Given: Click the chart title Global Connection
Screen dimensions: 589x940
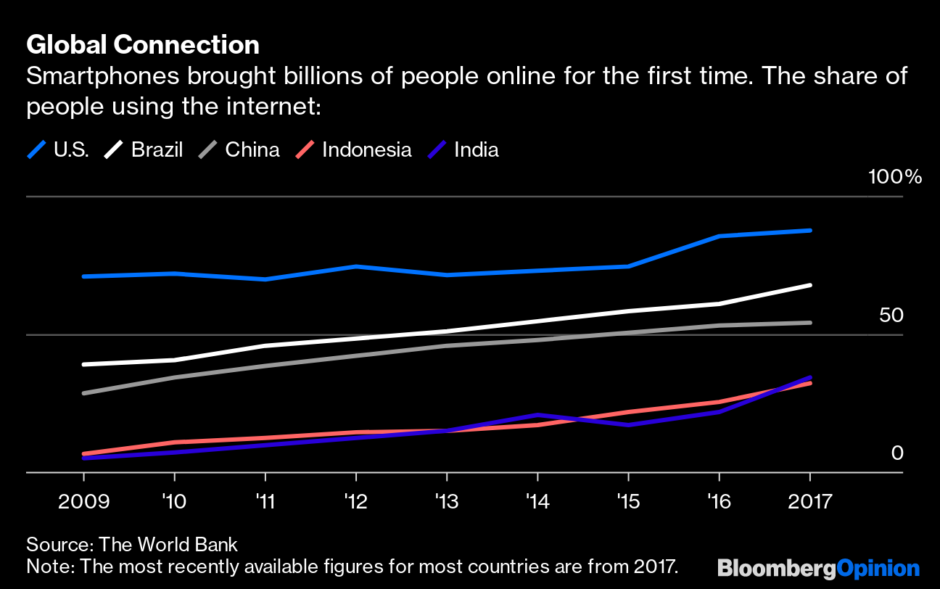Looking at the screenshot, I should pyautogui.click(x=143, y=45).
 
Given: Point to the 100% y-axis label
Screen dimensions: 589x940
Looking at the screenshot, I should pyautogui.click(x=894, y=177).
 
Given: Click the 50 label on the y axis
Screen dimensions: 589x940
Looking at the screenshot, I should pyautogui.click(x=891, y=316).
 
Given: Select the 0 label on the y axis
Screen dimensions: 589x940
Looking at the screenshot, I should pyautogui.click(x=897, y=453).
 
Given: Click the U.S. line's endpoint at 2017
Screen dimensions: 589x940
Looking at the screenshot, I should pyautogui.click(x=809, y=231).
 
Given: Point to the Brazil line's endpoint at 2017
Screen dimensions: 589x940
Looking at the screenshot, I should pyautogui.click(x=809, y=286).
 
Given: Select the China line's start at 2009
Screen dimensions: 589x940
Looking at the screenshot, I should pyautogui.click(x=84, y=393).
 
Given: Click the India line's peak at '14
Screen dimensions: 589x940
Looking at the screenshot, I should pyautogui.click(x=537, y=415).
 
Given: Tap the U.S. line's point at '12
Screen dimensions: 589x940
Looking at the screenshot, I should pyautogui.click(x=356, y=266).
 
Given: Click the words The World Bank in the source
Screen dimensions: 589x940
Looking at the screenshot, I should pyautogui.click(x=168, y=544).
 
